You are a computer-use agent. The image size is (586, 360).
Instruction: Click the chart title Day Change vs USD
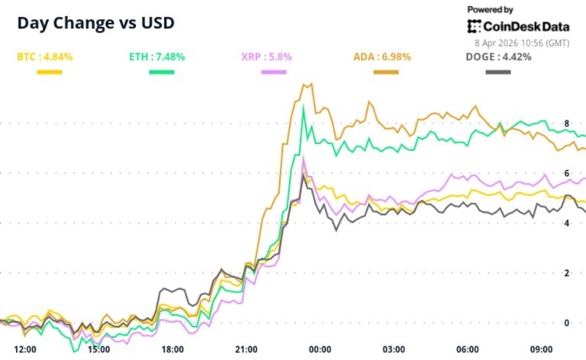(96, 23)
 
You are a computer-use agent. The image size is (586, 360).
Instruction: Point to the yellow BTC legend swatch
(50, 72)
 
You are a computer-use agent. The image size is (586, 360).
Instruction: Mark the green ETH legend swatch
(161, 72)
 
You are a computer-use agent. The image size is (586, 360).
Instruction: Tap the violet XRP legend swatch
(273, 72)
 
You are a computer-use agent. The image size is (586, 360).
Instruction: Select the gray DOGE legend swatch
(498, 72)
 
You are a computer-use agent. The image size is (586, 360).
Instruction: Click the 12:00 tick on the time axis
(26, 349)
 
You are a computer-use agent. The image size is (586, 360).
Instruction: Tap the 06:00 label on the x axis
(468, 349)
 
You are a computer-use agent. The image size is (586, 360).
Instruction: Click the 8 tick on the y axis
(567, 123)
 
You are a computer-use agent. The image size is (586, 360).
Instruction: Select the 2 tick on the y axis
(567, 272)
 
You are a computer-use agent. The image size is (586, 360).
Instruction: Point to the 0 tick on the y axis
(567, 322)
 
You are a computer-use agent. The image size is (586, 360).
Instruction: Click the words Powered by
(490, 10)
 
